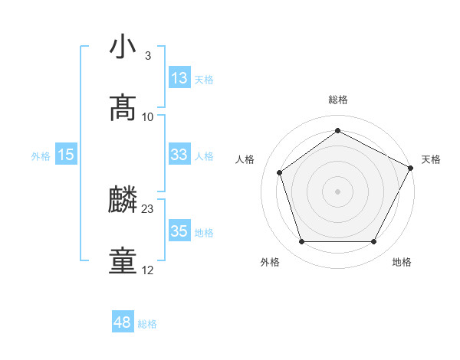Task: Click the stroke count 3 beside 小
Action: click(147, 56)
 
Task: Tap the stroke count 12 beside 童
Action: click(148, 270)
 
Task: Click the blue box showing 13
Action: click(179, 78)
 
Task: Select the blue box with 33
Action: click(179, 155)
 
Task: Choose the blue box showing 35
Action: click(179, 231)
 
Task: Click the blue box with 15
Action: click(66, 155)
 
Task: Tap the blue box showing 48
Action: click(123, 322)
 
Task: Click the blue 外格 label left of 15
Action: click(41, 156)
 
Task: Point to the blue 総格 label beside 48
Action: click(147, 324)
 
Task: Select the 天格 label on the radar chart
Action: click(431, 159)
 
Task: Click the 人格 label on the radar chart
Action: click(245, 159)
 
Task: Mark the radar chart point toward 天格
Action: click(412, 167)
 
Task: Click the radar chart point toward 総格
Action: click(337, 131)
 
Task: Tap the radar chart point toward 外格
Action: click(301, 242)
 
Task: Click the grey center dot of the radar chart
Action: click(337, 191)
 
